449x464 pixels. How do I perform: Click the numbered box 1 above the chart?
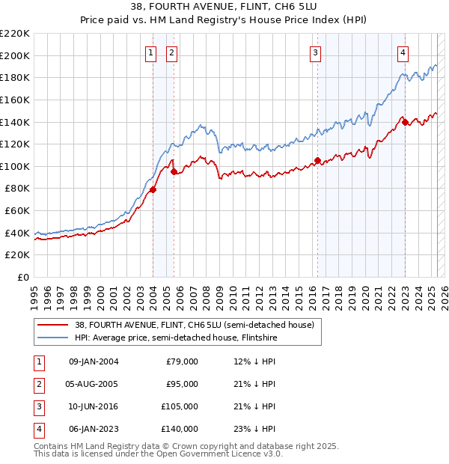click(151, 52)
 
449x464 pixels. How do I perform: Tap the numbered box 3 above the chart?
click(316, 52)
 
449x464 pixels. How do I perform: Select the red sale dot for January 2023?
click(405, 123)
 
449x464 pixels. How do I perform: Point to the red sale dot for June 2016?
click(317, 160)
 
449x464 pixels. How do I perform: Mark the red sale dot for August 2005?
click(174, 171)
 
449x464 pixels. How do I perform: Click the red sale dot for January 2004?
click(153, 189)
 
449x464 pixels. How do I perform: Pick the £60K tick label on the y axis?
click(17, 211)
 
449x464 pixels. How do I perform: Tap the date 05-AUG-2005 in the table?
click(94, 384)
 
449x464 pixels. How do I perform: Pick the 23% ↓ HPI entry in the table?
click(255, 429)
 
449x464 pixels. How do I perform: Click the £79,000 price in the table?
click(182, 361)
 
